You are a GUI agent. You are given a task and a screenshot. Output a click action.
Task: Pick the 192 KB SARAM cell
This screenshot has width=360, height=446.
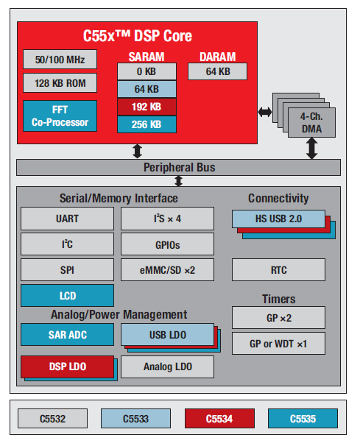[147, 107]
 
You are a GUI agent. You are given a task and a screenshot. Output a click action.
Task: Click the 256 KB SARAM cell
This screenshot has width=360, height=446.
[147, 124]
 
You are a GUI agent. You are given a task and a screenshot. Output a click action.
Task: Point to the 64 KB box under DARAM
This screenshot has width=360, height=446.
[218, 71]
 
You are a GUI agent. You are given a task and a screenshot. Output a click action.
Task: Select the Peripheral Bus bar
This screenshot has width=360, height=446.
[178, 168]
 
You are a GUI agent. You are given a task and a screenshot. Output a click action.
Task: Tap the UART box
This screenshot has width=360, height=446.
[67, 219]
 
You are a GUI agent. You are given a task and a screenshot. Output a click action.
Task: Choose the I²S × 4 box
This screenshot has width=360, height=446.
[168, 219]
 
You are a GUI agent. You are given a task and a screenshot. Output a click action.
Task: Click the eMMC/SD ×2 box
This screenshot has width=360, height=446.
[168, 269]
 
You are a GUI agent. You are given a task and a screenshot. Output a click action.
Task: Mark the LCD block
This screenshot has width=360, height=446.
[67, 295]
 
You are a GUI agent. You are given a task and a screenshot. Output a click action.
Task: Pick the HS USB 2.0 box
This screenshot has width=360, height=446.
[278, 218]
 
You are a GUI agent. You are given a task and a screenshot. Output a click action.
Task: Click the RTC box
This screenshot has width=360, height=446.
[278, 269]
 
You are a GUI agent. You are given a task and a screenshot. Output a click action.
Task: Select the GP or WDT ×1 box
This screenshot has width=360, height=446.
[278, 343]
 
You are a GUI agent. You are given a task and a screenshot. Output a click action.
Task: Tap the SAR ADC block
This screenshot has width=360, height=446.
[67, 335]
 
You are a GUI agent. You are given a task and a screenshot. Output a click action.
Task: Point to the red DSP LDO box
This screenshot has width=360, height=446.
[67, 366]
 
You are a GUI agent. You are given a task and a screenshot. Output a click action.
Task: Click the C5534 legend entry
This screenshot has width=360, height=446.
[219, 420]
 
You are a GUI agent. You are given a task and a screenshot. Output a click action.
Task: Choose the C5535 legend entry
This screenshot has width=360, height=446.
[303, 420]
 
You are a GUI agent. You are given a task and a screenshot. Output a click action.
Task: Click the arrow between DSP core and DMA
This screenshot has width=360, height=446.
[264, 112]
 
